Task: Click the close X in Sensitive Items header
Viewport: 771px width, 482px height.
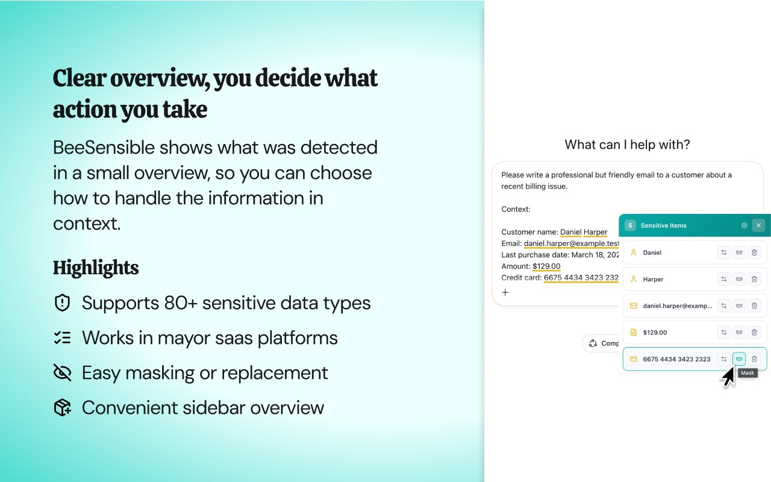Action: click(758, 225)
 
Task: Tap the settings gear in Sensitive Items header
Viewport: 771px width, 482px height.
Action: click(744, 225)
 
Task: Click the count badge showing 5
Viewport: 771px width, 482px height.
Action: click(630, 225)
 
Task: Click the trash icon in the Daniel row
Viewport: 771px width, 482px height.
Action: click(754, 252)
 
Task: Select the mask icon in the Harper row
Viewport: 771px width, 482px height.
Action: click(739, 279)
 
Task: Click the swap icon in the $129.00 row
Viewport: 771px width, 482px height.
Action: click(724, 332)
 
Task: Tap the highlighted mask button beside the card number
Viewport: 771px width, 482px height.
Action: click(739, 359)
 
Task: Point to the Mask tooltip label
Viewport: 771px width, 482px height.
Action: click(748, 373)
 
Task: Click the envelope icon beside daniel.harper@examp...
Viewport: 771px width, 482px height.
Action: click(633, 305)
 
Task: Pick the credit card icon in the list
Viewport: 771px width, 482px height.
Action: click(633, 359)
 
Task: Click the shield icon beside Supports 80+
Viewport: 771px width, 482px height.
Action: click(62, 303)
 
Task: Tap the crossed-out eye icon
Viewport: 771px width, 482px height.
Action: click(62, 372)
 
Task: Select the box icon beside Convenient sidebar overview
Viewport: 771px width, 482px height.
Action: click(62, 408)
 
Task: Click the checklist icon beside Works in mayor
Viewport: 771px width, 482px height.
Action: click(62, 338)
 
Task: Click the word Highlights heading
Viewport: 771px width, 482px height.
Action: click(96, 268)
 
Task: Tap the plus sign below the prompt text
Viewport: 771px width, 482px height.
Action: click(505, 292)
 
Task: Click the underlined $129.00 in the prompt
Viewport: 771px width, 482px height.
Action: click(546, 266)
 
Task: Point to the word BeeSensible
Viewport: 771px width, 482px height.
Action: click(104, 148)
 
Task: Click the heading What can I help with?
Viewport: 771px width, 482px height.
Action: click(627, 145)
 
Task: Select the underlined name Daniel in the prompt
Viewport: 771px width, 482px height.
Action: click(570, 232)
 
